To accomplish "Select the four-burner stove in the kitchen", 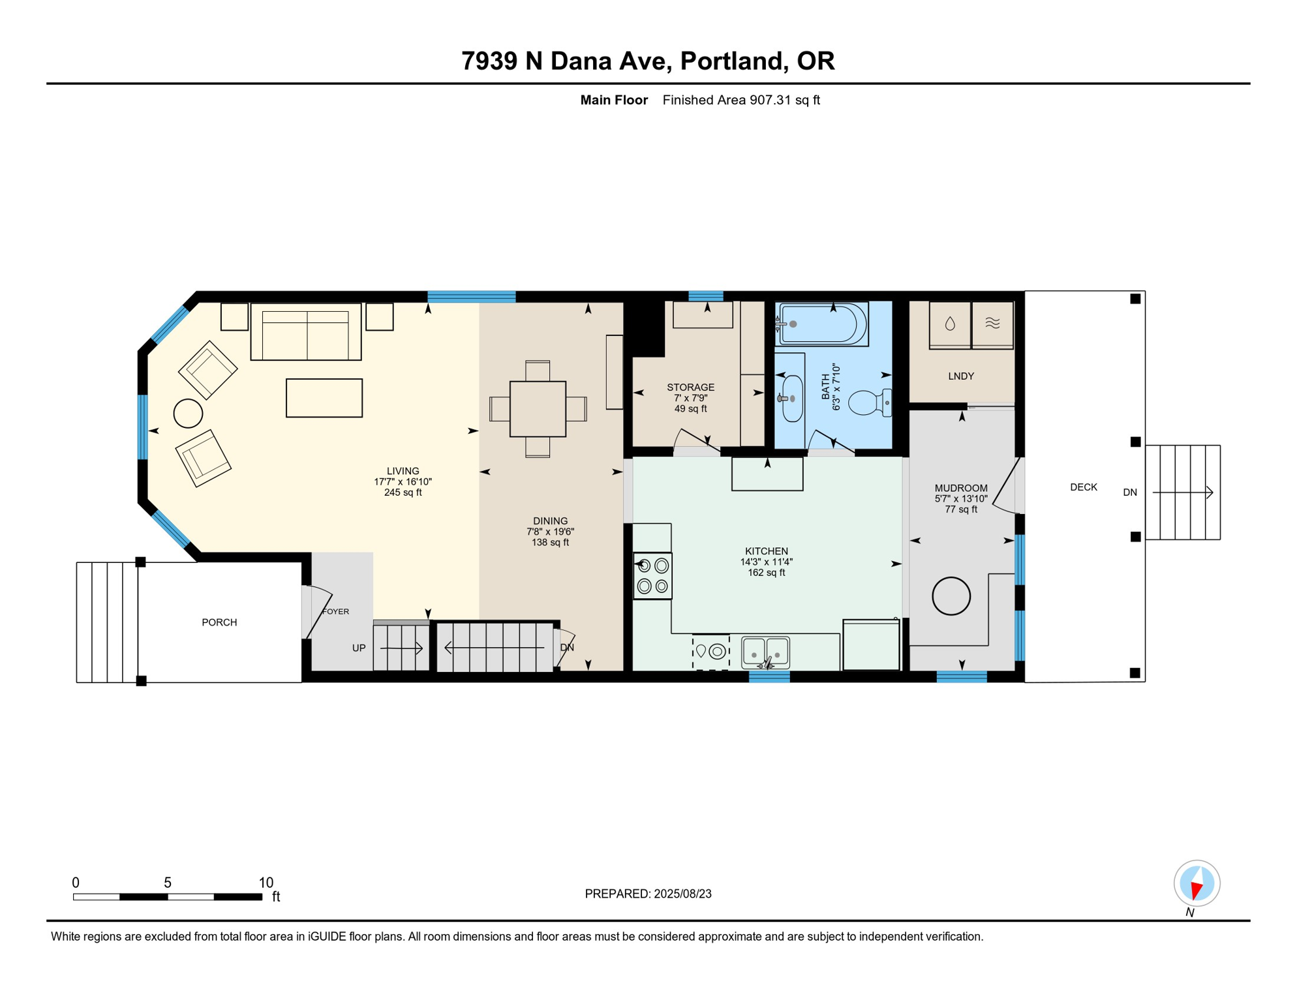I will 652,576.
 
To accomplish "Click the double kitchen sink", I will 766,652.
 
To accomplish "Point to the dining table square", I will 538,409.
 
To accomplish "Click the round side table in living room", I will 188,414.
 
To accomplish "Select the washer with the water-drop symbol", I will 950,324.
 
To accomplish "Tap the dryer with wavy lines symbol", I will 992,324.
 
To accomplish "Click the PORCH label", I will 219,622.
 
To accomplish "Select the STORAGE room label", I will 690,387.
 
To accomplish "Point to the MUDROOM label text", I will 961,488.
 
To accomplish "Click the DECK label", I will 1084,487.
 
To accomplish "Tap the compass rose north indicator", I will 1197,884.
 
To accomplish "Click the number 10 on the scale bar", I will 266,883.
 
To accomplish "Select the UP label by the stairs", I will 359,648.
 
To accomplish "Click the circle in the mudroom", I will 951,596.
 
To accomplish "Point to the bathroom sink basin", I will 792,399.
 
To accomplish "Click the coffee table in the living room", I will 324,398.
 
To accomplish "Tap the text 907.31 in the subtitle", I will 770,100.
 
